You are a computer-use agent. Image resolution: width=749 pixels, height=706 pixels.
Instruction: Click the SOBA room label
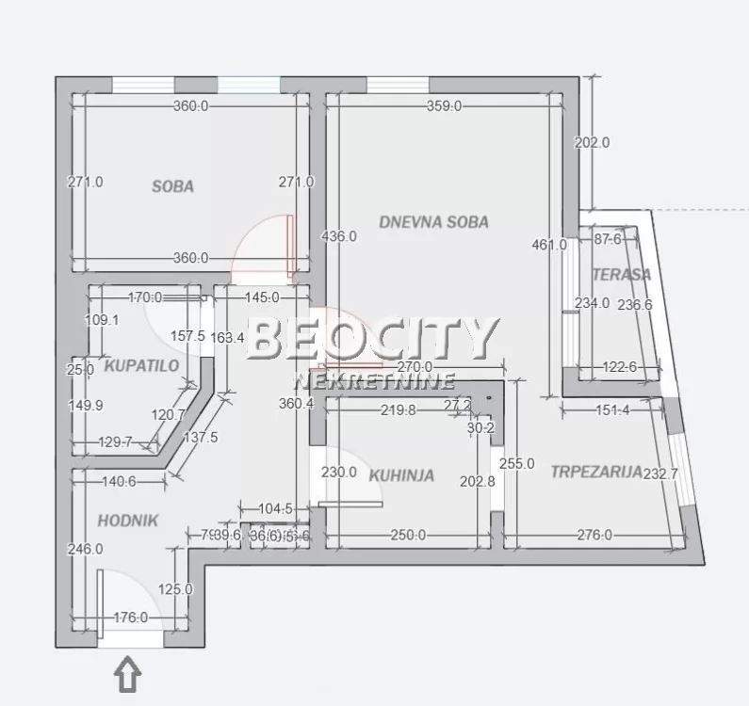(x=172, y=186)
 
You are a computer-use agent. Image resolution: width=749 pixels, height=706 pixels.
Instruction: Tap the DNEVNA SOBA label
(x=433, y=222)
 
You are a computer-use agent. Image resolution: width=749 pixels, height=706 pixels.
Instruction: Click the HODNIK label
(x=127, y=520)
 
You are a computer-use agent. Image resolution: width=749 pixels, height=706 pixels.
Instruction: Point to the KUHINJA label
(x=401, y=475)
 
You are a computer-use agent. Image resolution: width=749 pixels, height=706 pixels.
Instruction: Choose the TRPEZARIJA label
(x=596, y=472)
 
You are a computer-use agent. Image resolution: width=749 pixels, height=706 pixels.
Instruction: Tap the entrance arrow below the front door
(x=128, y=674)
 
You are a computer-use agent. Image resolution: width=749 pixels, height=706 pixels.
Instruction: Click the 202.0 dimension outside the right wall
(x=592, y=143)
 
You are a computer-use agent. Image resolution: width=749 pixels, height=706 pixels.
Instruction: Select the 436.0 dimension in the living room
(x=339, y=236)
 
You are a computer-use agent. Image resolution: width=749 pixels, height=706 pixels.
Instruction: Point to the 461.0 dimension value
(x=549, y=245)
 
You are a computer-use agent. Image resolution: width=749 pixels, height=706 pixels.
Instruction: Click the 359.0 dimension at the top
(x=444, y=106)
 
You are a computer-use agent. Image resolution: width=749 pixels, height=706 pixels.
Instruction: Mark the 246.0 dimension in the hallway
(x=86, y=549)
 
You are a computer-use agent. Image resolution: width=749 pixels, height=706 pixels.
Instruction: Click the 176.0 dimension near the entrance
(x=130, y=618)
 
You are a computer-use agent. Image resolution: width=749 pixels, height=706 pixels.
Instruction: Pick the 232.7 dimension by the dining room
(x=660, y=474)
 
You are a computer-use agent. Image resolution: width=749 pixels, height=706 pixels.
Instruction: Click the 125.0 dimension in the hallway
(x=175, y=590)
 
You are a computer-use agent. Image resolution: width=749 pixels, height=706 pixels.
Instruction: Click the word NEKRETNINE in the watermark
(x=375, y=380)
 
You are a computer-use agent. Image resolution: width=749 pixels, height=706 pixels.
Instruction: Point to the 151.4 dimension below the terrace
(x=611, y=409)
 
